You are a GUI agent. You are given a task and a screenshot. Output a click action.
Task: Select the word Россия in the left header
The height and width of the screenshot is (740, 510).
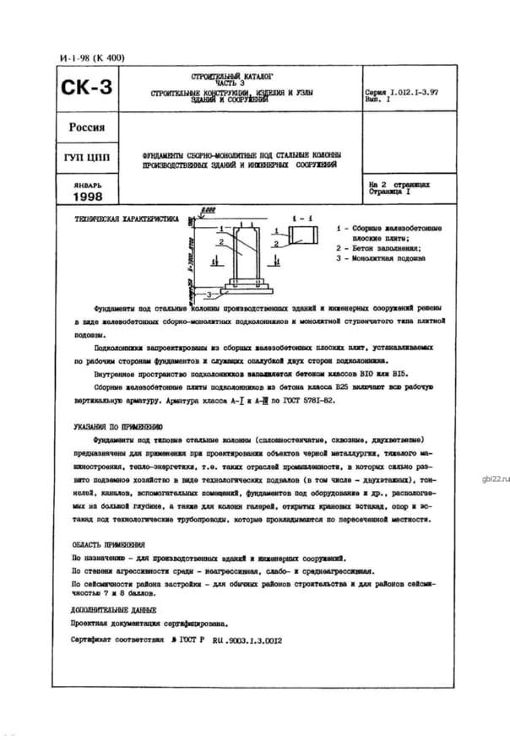(x=86, y=128)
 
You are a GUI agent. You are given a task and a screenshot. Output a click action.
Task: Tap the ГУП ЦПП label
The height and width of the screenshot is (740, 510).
(x=86, y=158)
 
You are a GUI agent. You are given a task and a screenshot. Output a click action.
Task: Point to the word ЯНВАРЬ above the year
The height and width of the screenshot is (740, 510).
(x=86, y=183)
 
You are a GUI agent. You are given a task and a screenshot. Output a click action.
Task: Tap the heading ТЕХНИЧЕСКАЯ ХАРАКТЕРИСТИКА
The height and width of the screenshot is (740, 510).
(x=127, y=219)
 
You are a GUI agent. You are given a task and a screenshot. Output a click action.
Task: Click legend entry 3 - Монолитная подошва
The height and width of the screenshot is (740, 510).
(x=381, y=258)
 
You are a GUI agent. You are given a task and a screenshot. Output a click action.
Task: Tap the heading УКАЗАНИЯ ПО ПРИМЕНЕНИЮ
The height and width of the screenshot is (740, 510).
(x=117, y=428)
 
